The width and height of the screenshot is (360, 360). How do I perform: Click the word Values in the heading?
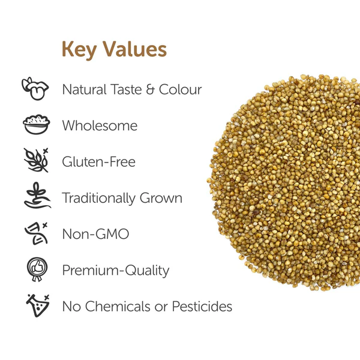pyautogui.click(x=134, y=49)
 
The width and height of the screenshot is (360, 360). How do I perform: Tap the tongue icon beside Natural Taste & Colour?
pyautogui.click(x=35, y=89)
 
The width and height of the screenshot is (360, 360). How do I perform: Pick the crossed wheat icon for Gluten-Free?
pyautogui.click(x=35, y=161)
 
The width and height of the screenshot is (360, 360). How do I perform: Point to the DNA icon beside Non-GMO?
pyautogui.click(x=35, y=234)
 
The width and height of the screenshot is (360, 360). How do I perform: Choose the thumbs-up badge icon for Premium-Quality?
pyautogui.click(x=35, y=270)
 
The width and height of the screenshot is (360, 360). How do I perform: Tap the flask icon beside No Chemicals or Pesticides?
pyautogui.click(x=35, y=306)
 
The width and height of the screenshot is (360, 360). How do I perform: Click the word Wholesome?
pyautogui.click(x=100, y=126)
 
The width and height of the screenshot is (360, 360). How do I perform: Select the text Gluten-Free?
pyautogui.click(x=98, y=162)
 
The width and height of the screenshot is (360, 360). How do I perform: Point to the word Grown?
pyautogui.click(x=161, y=199)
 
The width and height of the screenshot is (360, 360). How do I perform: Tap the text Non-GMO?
pyautogui.click(x=95, y=234)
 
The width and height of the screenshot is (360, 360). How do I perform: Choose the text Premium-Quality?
pyautogui.click(x=115, y=271)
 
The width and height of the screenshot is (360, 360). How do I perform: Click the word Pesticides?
pyautogui.click(x=202, y=307)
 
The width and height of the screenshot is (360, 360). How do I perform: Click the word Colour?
pyautogui.click(x=181, y=90)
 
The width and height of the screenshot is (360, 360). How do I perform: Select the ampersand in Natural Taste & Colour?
pyautogui.click(x=151, y=90)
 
